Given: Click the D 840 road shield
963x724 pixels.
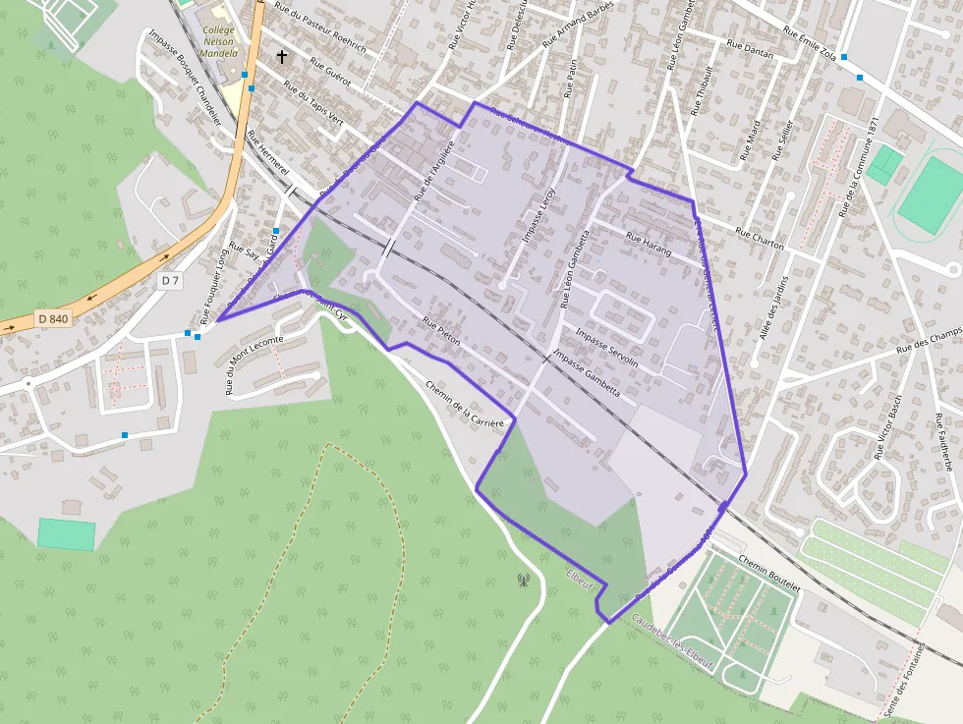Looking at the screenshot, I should coord(53,318).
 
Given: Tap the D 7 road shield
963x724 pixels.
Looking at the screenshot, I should coord(171,281).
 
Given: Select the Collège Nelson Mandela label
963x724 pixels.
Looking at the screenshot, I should coord(219,41).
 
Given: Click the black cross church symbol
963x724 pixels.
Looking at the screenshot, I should coord(282,57).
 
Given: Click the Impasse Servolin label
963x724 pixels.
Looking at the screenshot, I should coord(606,348).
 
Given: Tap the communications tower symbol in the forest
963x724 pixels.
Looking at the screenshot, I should coord(523,580).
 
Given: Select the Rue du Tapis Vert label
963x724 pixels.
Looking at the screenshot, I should coord(313,103).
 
